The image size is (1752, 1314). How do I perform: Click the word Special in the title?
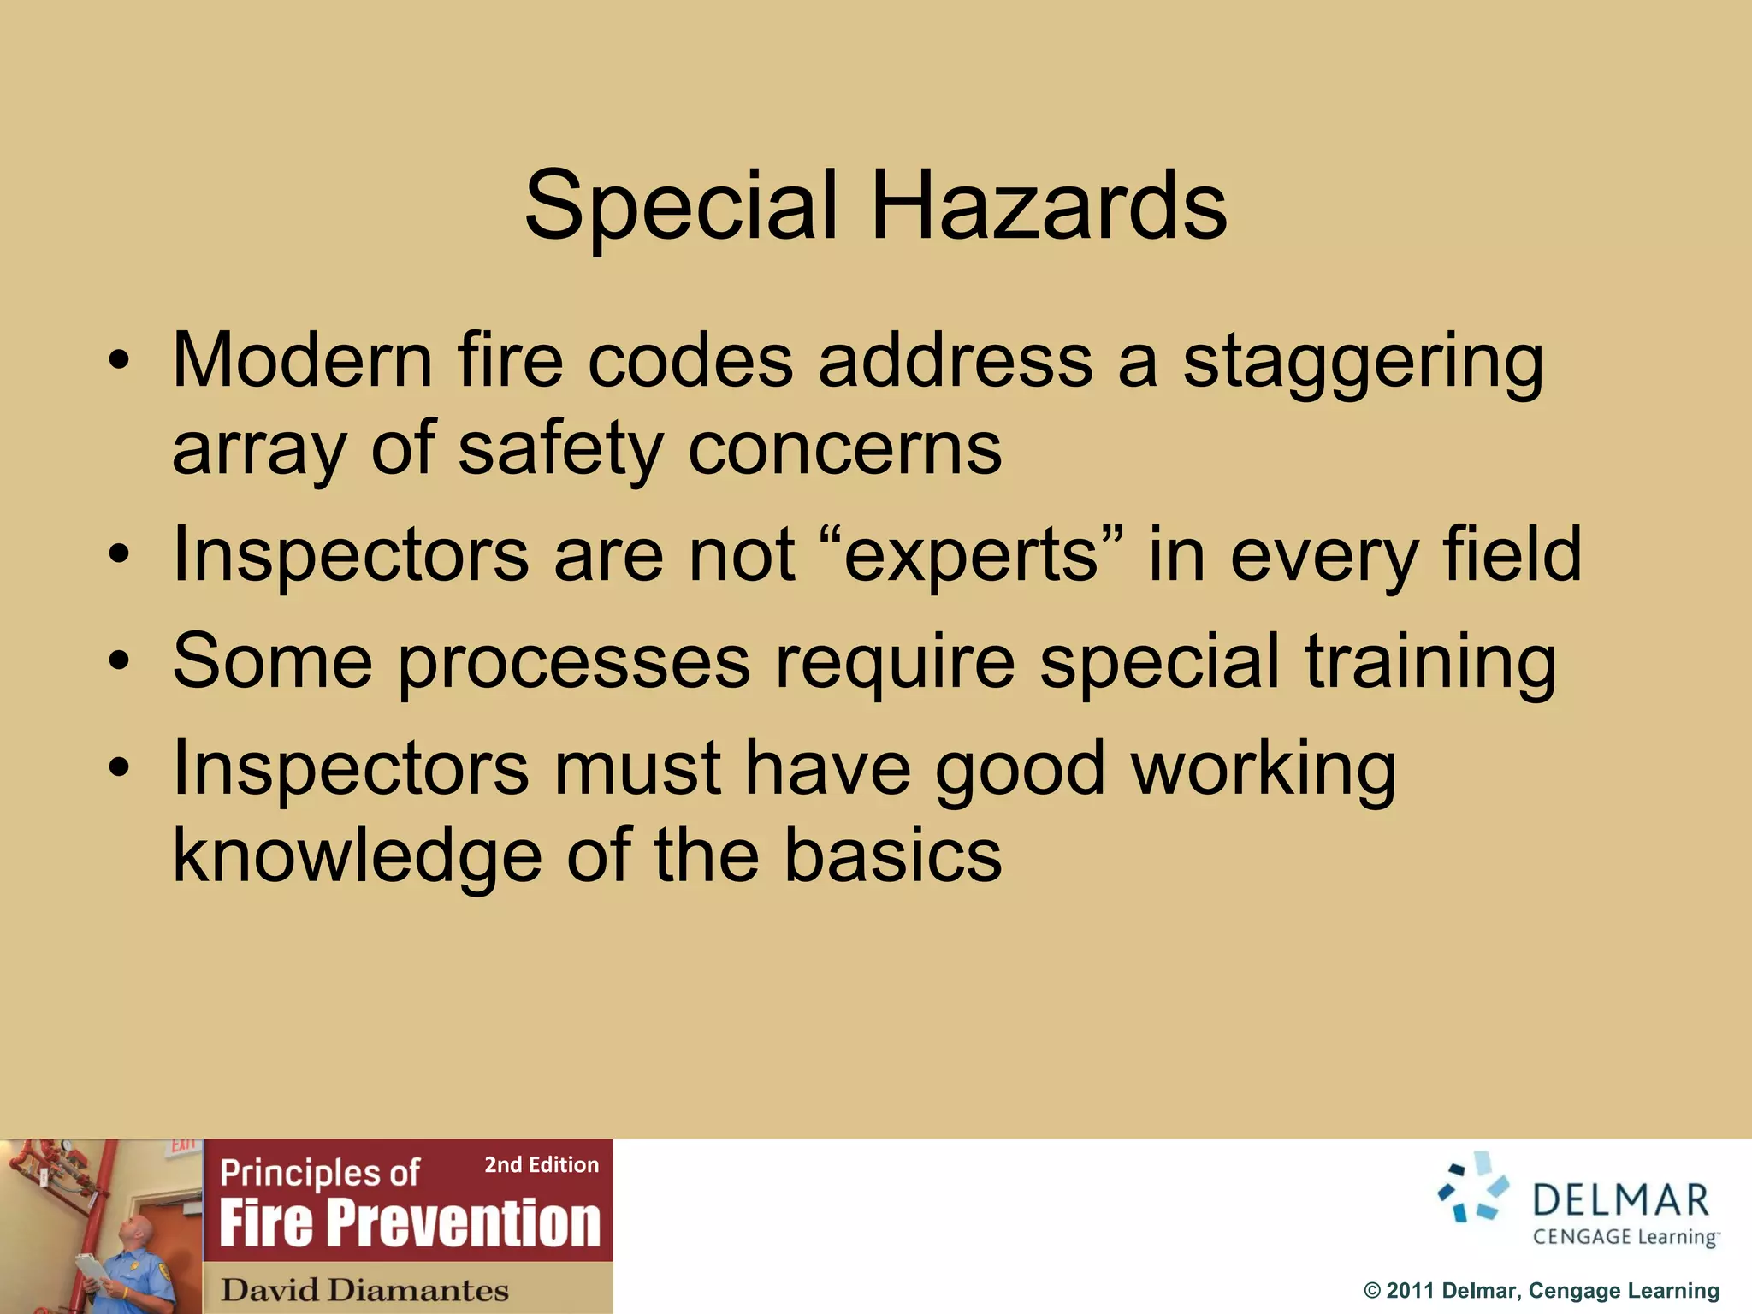(681, 206)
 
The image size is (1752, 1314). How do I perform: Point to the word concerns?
(845, 449)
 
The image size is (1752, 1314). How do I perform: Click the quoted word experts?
(972, 555)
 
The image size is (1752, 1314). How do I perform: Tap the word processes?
(574, 663)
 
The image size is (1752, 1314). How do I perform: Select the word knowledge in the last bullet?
(357, 856)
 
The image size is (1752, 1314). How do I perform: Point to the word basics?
(893, 856)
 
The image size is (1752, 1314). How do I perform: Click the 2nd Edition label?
(542, 1165)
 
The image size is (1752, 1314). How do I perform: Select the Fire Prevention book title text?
(410, 1223)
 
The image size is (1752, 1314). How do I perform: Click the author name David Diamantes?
(364, 1290)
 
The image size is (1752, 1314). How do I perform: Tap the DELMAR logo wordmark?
(1620, 1200)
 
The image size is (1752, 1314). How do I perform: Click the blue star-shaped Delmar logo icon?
(1472, 1187)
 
